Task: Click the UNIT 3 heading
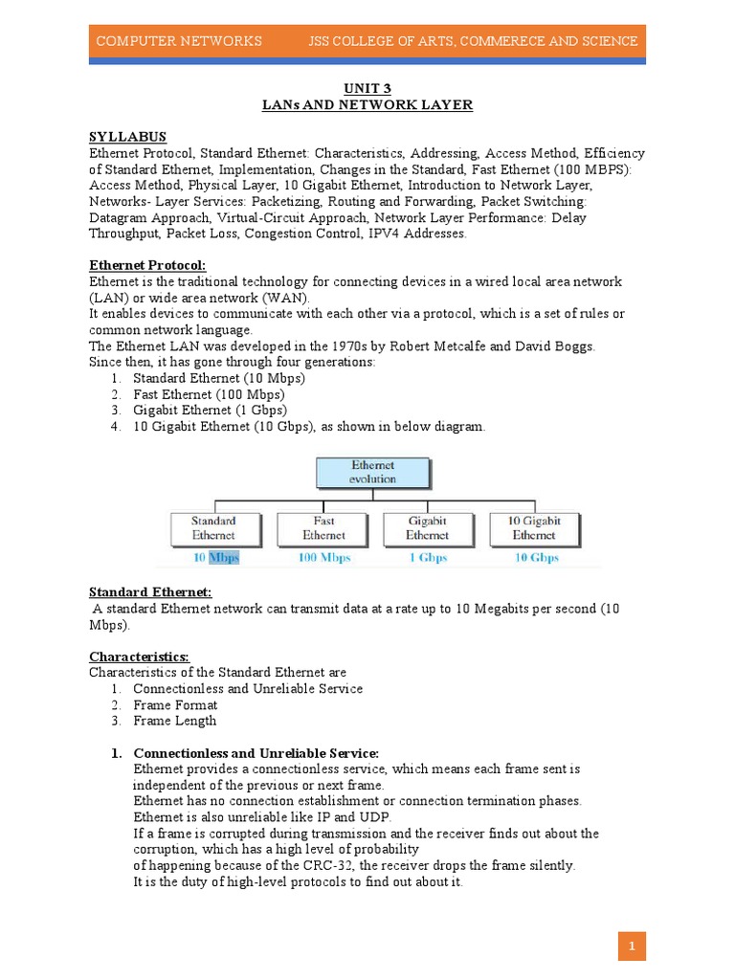[367, 89]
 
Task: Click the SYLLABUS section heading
[128, 137]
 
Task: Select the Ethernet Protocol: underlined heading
[147, 265]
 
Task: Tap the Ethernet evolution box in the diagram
[372, 472]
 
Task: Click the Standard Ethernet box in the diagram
[213, 528]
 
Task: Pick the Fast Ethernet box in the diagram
[323, 528]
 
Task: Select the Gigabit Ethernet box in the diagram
[427, 528]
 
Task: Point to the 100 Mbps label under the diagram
[323, 558]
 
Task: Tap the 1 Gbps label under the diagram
[427, 558]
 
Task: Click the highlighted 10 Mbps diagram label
[213, 558]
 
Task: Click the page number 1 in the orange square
[632, 947]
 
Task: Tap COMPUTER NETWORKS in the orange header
[179, 41]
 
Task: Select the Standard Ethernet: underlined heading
[150, 591]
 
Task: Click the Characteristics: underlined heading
[140, 657]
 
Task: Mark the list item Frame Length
[175, 721]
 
